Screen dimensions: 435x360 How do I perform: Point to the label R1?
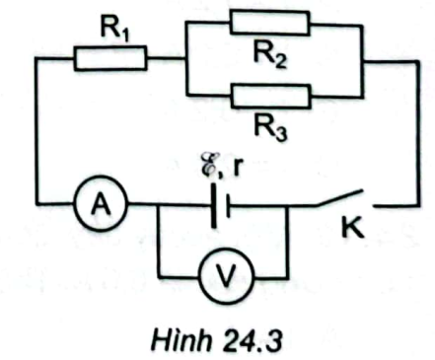click(x=115, y=30)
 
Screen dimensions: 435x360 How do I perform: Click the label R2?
click(x=270, y=55)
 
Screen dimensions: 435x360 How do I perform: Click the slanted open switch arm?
click(x=339, y=197)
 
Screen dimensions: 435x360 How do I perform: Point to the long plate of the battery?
click(x=214, y=205)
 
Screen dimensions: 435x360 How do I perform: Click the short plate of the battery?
click(x=228, y=206)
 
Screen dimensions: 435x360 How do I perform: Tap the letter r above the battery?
click(x=238, y=167)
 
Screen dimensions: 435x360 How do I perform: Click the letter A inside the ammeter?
click(x=101, y=205)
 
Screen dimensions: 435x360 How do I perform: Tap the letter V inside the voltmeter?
click(x=227, y=276)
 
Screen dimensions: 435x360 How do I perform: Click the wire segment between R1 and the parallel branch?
click(x=167, y=59)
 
